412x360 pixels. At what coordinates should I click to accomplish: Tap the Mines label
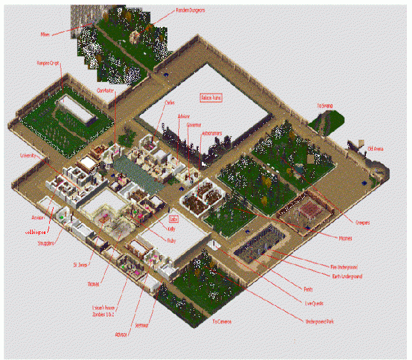coord(44,35)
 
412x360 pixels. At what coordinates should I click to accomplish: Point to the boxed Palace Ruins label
coord(211,98)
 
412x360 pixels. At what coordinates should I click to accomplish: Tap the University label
coord(29,155)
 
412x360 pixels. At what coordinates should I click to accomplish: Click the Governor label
coord(194,125)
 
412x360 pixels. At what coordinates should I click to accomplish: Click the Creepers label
coord(363,223)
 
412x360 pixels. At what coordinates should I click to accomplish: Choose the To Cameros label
coord(224,321)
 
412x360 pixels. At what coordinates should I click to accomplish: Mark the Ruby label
coord(171,241)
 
